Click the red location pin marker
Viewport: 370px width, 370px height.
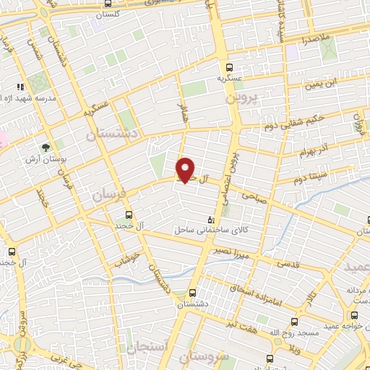186,169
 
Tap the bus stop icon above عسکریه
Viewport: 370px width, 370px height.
229,64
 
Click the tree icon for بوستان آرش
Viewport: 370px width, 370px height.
47,147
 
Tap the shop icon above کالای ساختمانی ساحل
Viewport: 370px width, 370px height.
211,219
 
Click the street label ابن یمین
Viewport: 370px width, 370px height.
321,85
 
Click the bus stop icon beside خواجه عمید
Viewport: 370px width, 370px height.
353,315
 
